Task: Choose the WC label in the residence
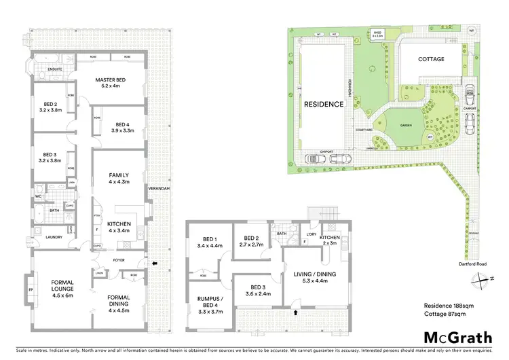click(39, 197)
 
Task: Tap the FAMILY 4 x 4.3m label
click(119, 179)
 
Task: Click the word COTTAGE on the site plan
click(431, 59)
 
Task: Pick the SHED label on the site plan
click(377, 32)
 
